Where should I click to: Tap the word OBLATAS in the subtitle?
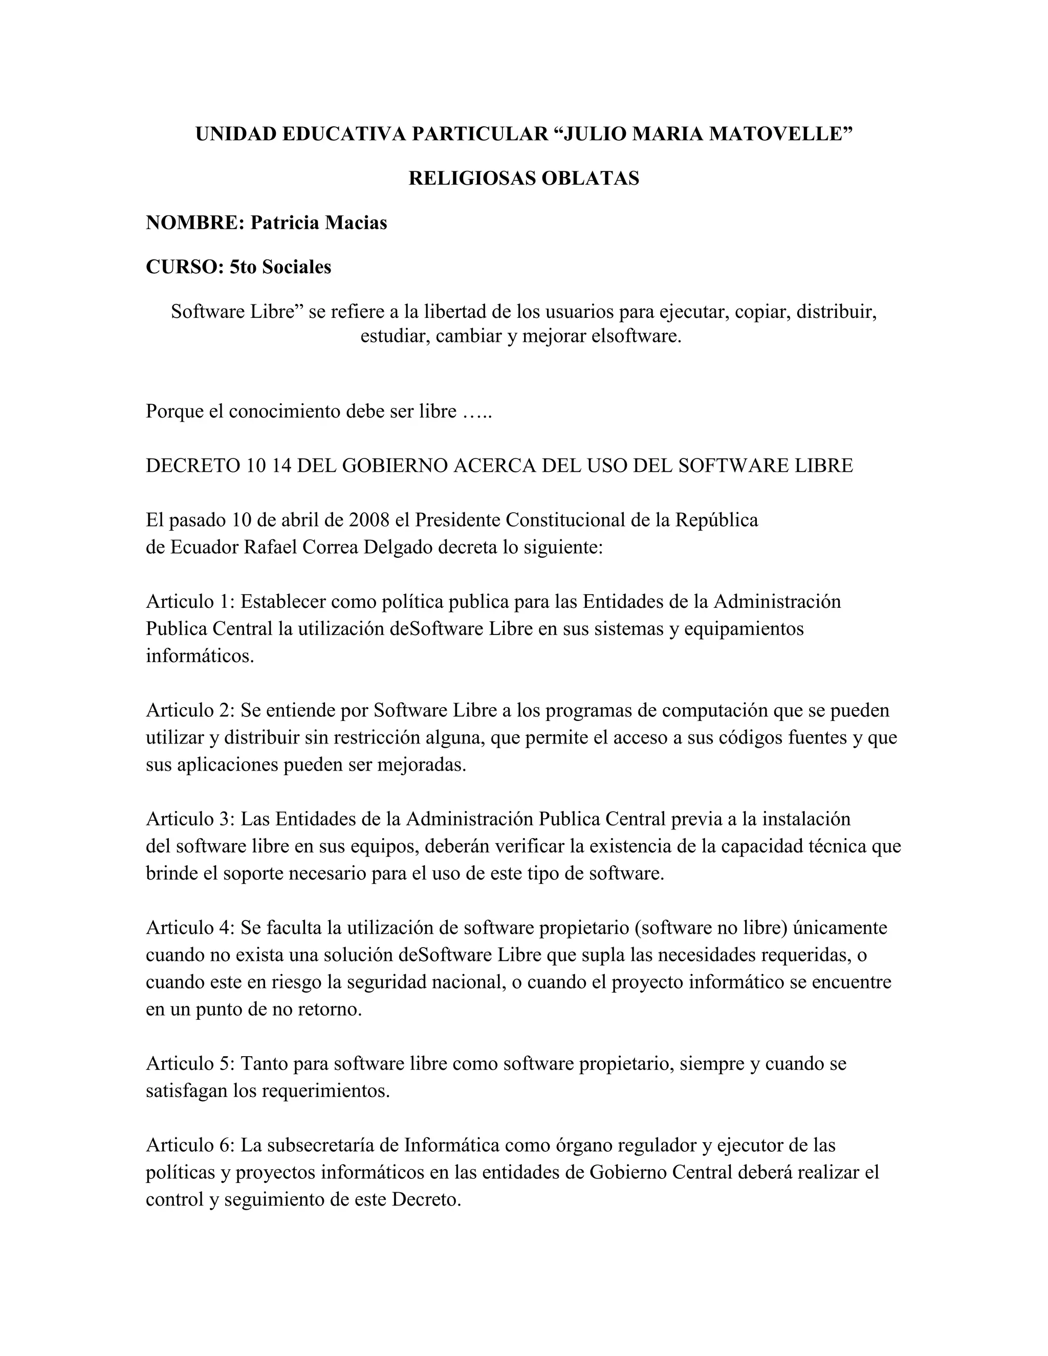pyautogui.click(x=590, y=179)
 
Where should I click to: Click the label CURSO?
pyautogui.click(x=184, y=267)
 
